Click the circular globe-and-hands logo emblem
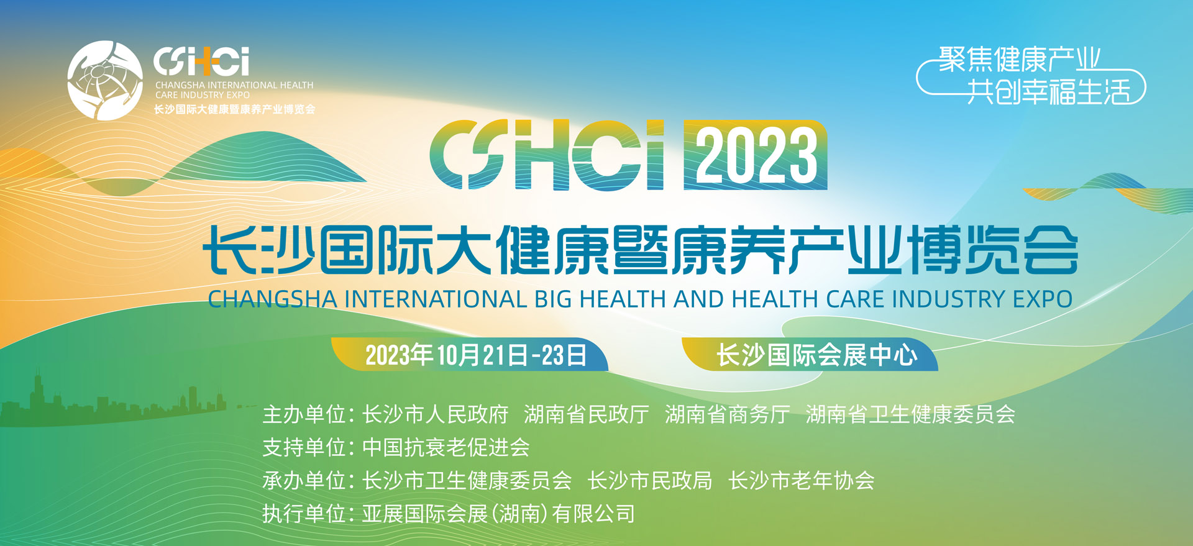[x=104, y=80]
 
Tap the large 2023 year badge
[x=755, y=155]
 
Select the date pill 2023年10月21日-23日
[x=475, y=355]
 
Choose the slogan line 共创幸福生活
[x=1048, y=92]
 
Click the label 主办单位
[x=304, y=414]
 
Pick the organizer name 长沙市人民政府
[x=435, y=414]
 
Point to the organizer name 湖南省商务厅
[x=727, y=414]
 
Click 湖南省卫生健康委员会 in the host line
[x=910, y=414]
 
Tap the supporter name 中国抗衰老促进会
[x=446, y=447]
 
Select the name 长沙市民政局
[x=650, y=481]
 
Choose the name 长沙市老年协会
[x=802, y=481]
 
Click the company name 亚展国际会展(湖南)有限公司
[x=498, y=514]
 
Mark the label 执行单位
[x=304, y=514]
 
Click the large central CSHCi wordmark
[x=547, y=155]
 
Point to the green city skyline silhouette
[x=112, y=404]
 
